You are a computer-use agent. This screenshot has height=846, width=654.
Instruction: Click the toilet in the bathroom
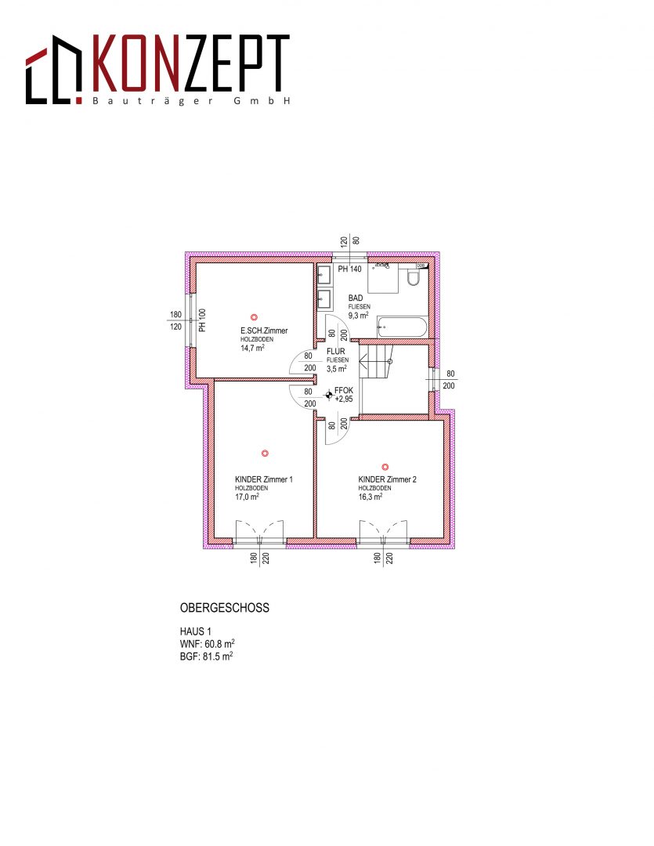414,277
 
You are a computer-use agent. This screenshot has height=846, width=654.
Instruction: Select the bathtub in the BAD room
403,327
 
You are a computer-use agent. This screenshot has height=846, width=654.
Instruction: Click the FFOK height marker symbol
328,396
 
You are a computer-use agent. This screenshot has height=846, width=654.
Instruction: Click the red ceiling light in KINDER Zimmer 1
265,454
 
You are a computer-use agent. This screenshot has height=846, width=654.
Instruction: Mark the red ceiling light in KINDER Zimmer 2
385,467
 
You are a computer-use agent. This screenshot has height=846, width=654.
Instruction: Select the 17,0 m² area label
248,497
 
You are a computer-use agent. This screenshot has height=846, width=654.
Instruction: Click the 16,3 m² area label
370,497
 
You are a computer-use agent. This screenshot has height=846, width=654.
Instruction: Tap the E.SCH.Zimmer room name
264,331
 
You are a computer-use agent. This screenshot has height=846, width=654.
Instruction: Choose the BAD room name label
356,298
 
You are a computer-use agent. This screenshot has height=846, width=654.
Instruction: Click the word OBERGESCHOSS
225,608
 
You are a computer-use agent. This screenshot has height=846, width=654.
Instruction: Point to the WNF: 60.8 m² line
208,644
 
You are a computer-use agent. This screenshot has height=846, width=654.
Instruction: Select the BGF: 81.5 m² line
207,656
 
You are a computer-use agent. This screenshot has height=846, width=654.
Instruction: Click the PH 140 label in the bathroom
349,269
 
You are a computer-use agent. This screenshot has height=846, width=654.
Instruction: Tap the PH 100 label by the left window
202,320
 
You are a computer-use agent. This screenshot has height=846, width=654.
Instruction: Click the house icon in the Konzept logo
53,70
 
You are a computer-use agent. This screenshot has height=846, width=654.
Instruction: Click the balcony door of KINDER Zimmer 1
259,531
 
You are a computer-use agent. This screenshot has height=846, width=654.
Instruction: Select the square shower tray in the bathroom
383,278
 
